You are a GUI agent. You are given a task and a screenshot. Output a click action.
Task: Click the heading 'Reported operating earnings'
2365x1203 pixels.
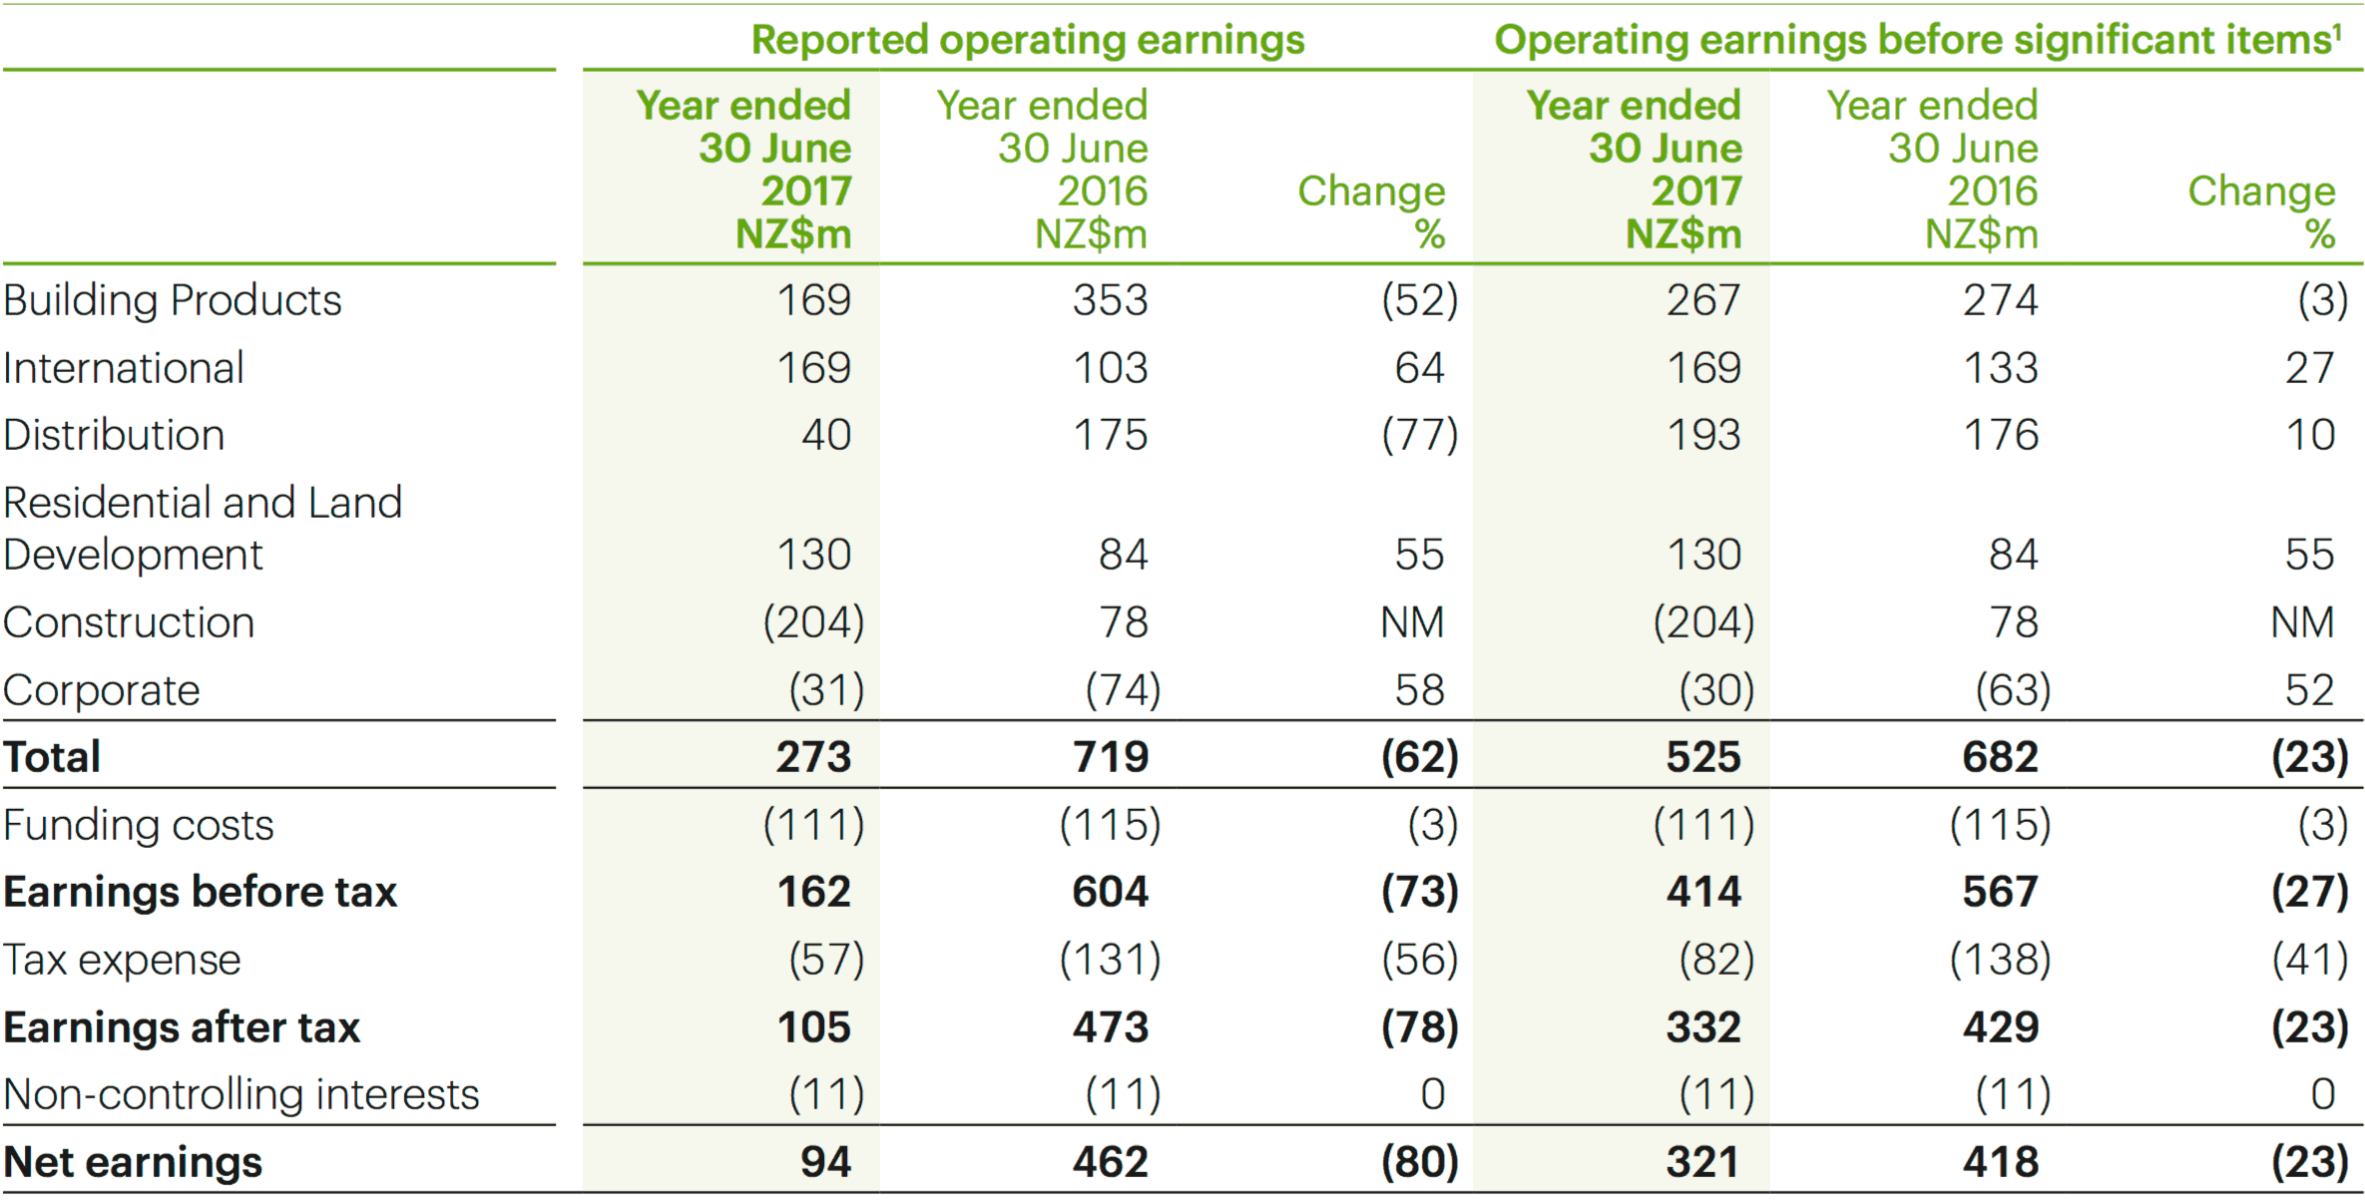(1027, 40)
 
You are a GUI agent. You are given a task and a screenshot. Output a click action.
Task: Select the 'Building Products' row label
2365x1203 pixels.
(172, 300)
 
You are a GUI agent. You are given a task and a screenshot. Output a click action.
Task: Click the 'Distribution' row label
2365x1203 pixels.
(114, 435)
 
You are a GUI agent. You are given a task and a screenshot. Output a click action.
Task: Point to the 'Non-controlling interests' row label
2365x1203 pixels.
(240, 1094)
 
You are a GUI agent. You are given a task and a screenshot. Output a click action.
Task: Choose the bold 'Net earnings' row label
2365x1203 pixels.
(133, 1162)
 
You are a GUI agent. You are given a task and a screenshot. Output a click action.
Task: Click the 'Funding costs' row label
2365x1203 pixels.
(138, 825)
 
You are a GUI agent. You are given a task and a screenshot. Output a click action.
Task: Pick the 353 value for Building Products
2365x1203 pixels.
(1110, 300)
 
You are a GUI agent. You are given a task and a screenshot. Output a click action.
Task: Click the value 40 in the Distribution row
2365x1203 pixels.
(826, 435)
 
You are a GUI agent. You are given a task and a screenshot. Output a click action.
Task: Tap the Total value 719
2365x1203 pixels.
(1110, 756)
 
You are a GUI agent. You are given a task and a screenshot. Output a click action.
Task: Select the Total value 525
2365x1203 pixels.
(1702, 756)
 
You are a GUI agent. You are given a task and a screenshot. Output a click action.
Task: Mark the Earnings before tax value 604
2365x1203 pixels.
(1110, 892)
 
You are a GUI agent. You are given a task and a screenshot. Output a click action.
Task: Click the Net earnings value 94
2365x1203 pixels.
(825, 1162)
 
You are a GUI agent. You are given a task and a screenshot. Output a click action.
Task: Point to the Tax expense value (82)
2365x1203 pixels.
(1716, 960)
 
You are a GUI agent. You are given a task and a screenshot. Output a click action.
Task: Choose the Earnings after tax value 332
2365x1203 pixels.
(1702, 1027)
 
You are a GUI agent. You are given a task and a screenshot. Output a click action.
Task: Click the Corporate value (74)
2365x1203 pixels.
(1123, 690)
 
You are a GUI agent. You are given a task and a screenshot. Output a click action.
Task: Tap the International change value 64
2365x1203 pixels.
(1419, 368)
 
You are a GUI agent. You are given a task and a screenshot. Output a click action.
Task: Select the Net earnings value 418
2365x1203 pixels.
(2000, 1162)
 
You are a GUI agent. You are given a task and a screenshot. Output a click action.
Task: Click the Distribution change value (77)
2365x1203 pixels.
(1419, 435)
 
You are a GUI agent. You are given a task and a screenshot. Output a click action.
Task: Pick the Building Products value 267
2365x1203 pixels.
(1702, 300)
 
